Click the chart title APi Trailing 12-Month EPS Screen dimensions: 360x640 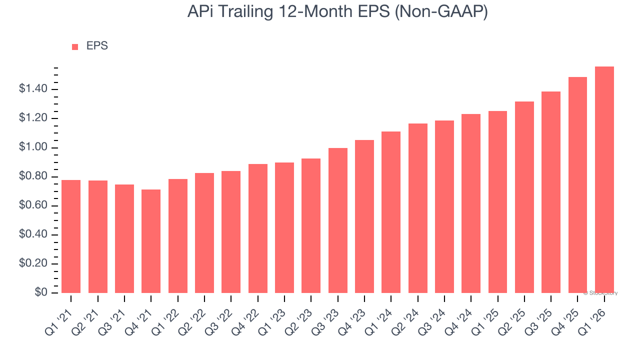pyautogui.click(x=337, y=12)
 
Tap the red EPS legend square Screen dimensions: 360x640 pyautogui.click(x=75, y=47)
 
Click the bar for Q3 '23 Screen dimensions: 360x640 pyautogui.click(x=338, y=220)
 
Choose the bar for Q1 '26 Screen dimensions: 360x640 pyautogui.click(x=604, y=180)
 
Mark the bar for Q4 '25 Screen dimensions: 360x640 pyautogui.click(x=577, y=185)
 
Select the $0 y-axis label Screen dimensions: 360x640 pyautogui.click(x=41, y=293)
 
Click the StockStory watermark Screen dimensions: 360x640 pyautogui.click(x=600, y=293)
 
